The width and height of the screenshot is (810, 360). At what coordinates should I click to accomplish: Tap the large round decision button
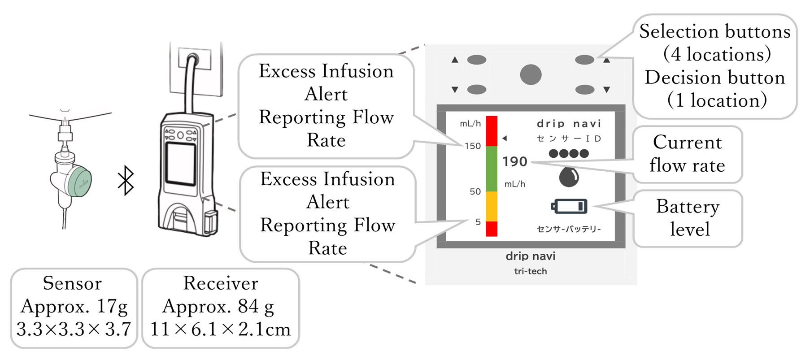coord(531,74)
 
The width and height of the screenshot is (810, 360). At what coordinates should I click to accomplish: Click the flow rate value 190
coord(514,161)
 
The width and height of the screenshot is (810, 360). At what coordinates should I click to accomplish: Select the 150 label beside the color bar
coord(472,146)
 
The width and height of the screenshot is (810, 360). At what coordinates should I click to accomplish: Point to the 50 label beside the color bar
coord(475,192)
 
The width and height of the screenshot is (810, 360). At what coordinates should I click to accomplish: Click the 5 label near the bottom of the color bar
coord(478,222)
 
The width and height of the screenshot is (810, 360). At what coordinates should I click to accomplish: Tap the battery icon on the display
coord(569,206)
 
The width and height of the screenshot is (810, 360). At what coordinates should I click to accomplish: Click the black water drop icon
coord(569,176)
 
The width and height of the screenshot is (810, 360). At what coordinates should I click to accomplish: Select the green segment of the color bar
coord(492,169)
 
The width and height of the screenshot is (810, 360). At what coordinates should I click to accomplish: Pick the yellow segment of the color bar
coord(492,206)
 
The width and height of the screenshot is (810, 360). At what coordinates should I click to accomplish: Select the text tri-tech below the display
coord(530,271)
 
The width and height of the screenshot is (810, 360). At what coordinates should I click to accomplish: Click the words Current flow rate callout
coord(687,154)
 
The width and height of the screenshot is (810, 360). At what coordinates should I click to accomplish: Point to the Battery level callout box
coord(688,218)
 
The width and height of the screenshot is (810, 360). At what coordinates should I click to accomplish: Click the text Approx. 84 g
coord(218,306)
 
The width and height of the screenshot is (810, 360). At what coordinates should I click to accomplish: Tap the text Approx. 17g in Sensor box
coord(74,306)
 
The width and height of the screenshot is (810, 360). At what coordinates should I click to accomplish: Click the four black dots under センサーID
coord(568,154)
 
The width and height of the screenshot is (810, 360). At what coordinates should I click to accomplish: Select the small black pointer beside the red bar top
coord(505,138)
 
